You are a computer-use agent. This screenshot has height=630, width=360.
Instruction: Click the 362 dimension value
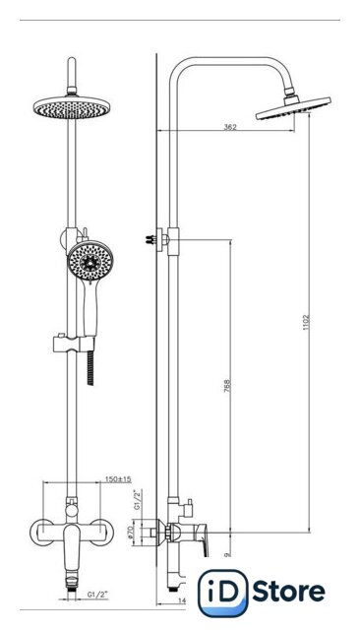click(230, 127)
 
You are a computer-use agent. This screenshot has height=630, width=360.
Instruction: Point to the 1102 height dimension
click(306, 323)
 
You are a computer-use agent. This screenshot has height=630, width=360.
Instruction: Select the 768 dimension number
click(227, 385)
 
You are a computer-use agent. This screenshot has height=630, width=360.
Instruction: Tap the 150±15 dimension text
click(118, 479)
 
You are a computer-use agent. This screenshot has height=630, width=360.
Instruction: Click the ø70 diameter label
click(130, 533)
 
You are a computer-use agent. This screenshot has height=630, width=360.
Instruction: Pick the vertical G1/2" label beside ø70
click(138, 500)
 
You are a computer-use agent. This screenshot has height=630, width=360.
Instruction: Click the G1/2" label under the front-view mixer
click(98, 595)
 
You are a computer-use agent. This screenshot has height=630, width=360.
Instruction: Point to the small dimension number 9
click(227, 554)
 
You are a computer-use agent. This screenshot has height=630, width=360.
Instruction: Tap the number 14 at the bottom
click(182, 601)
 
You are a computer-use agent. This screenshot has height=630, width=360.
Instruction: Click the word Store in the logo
click(289, 592)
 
